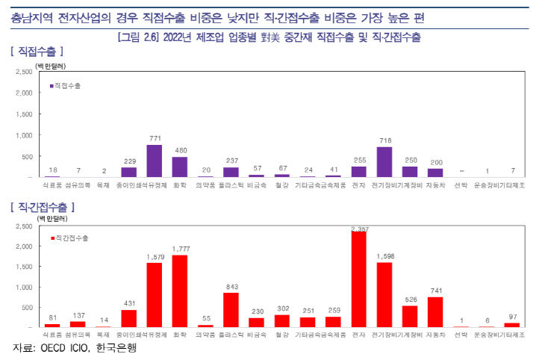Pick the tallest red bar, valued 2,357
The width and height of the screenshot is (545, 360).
coord(358,280)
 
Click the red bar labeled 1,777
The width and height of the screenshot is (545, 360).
coord(180,291)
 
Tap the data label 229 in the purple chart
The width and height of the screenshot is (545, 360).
coord(128,161)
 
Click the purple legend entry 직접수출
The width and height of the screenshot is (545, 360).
coord(67,86)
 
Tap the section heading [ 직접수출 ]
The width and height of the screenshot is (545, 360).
coord(37,52)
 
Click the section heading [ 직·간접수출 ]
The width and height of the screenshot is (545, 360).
coord(43,205)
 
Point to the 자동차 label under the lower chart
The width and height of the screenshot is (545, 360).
coord(435,335)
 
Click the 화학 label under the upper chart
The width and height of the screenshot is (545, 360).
coord(180,184)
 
